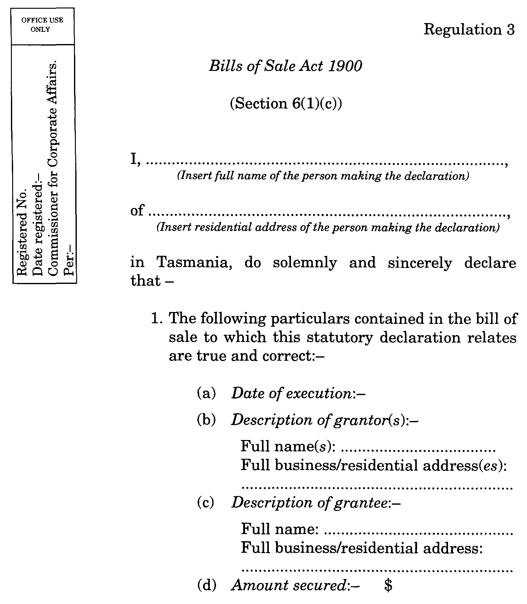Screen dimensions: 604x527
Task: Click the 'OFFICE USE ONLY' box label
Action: click(x=42, y=25)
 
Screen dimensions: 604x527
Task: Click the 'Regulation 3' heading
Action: click(x=469, y=30)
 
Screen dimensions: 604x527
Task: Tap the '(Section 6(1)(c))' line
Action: click(x=286, y=104)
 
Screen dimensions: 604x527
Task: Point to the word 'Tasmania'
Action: click(x=194, y=262)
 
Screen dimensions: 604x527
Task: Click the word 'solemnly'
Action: click(x=305, y=262)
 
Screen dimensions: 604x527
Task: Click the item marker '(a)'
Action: click(x=206, y=393)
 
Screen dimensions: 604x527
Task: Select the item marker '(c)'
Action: click(x=206, y=503)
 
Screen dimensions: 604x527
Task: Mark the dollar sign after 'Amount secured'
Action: click(x=388, y=585)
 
